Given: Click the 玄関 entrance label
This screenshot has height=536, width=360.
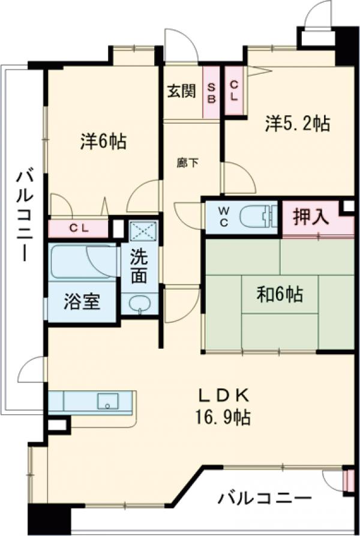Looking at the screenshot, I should click(x=181, y=91).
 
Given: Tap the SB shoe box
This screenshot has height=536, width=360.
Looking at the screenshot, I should click(x=211, y=91).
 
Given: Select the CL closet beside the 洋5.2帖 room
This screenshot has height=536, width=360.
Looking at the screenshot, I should click(x=234, y=91).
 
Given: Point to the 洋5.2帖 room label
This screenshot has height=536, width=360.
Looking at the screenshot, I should click(x=298, y=124).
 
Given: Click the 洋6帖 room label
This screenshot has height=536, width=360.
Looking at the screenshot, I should click(x=103, y=142).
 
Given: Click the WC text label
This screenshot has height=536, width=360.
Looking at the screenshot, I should click(x=223, y=216).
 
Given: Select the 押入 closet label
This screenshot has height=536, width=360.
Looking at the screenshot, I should click(x=311, y=217).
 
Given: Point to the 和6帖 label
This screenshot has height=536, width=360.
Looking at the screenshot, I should click(x=280, y=295).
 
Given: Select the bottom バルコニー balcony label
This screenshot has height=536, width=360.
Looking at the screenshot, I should click(x=265, y=498).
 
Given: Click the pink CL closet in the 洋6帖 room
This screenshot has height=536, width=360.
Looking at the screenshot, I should click(x=78, y=228).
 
